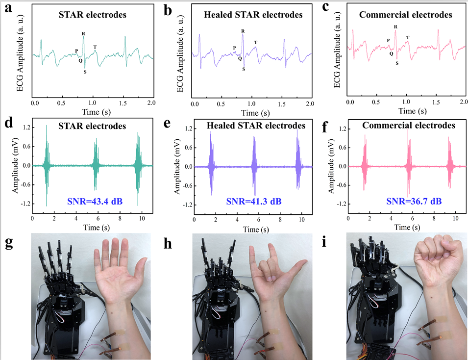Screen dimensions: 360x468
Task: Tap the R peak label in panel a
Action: pos(83,33)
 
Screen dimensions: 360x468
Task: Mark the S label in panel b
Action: pos(243,69)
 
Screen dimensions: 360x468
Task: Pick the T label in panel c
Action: pos(408,38)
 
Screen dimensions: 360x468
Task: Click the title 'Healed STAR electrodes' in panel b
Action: pos(253,15)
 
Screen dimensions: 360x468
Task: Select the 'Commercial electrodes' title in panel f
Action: pos(409,126)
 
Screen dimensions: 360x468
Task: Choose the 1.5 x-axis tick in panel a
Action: pos(124,104)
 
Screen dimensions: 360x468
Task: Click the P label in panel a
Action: pos(76,51)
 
